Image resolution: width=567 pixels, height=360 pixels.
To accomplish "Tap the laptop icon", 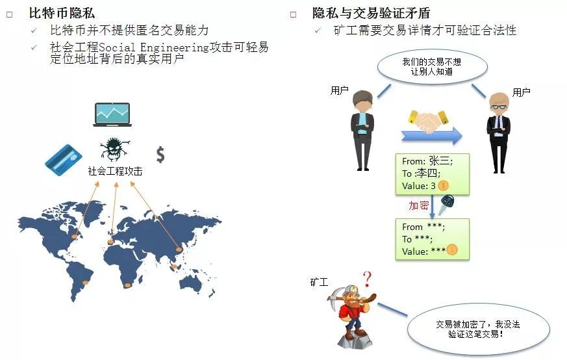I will pos(112,114).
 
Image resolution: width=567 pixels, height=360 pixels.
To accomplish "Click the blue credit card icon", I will pos(63,158).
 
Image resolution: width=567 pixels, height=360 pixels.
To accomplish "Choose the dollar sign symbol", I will pos(160,154).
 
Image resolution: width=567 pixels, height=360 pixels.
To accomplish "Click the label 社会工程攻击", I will pos(115,172).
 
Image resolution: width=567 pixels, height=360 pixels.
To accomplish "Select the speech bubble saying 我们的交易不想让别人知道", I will pos(431,68).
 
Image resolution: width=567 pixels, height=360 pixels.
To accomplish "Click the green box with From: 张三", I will pos(432,173).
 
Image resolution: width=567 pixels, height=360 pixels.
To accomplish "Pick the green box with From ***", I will pos(432,238).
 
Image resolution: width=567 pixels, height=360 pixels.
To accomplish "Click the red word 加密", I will pos(418,205).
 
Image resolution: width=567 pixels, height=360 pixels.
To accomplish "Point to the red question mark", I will pos(367,280).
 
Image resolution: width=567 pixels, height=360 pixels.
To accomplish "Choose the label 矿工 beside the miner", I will pos(319,283).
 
